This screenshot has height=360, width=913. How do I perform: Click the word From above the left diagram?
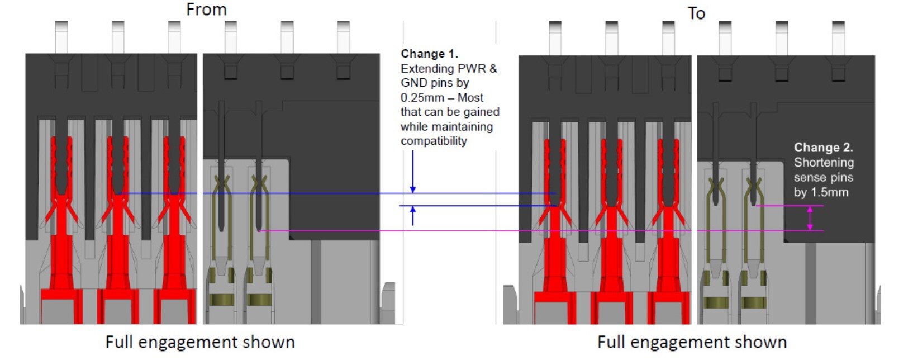(x=206, y=10)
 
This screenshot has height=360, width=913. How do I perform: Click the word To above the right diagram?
(x=696, y=13)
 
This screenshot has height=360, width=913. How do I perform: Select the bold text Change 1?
(x=429, y=54)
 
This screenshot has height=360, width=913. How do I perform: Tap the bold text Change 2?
(x=823, y=148)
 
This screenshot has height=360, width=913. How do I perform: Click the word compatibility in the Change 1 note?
(x=434, y=141)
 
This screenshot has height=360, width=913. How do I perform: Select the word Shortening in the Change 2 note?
(x=824, y=163)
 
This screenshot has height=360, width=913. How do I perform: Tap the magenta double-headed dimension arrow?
(x=810, y=218)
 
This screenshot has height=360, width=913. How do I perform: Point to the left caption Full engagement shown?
(x=200, y=342)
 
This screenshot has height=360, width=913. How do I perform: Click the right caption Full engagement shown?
(x=692, y=342)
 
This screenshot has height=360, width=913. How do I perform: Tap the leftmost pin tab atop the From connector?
(x=61, y=37)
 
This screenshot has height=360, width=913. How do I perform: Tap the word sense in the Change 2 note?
(x=809, y=178)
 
